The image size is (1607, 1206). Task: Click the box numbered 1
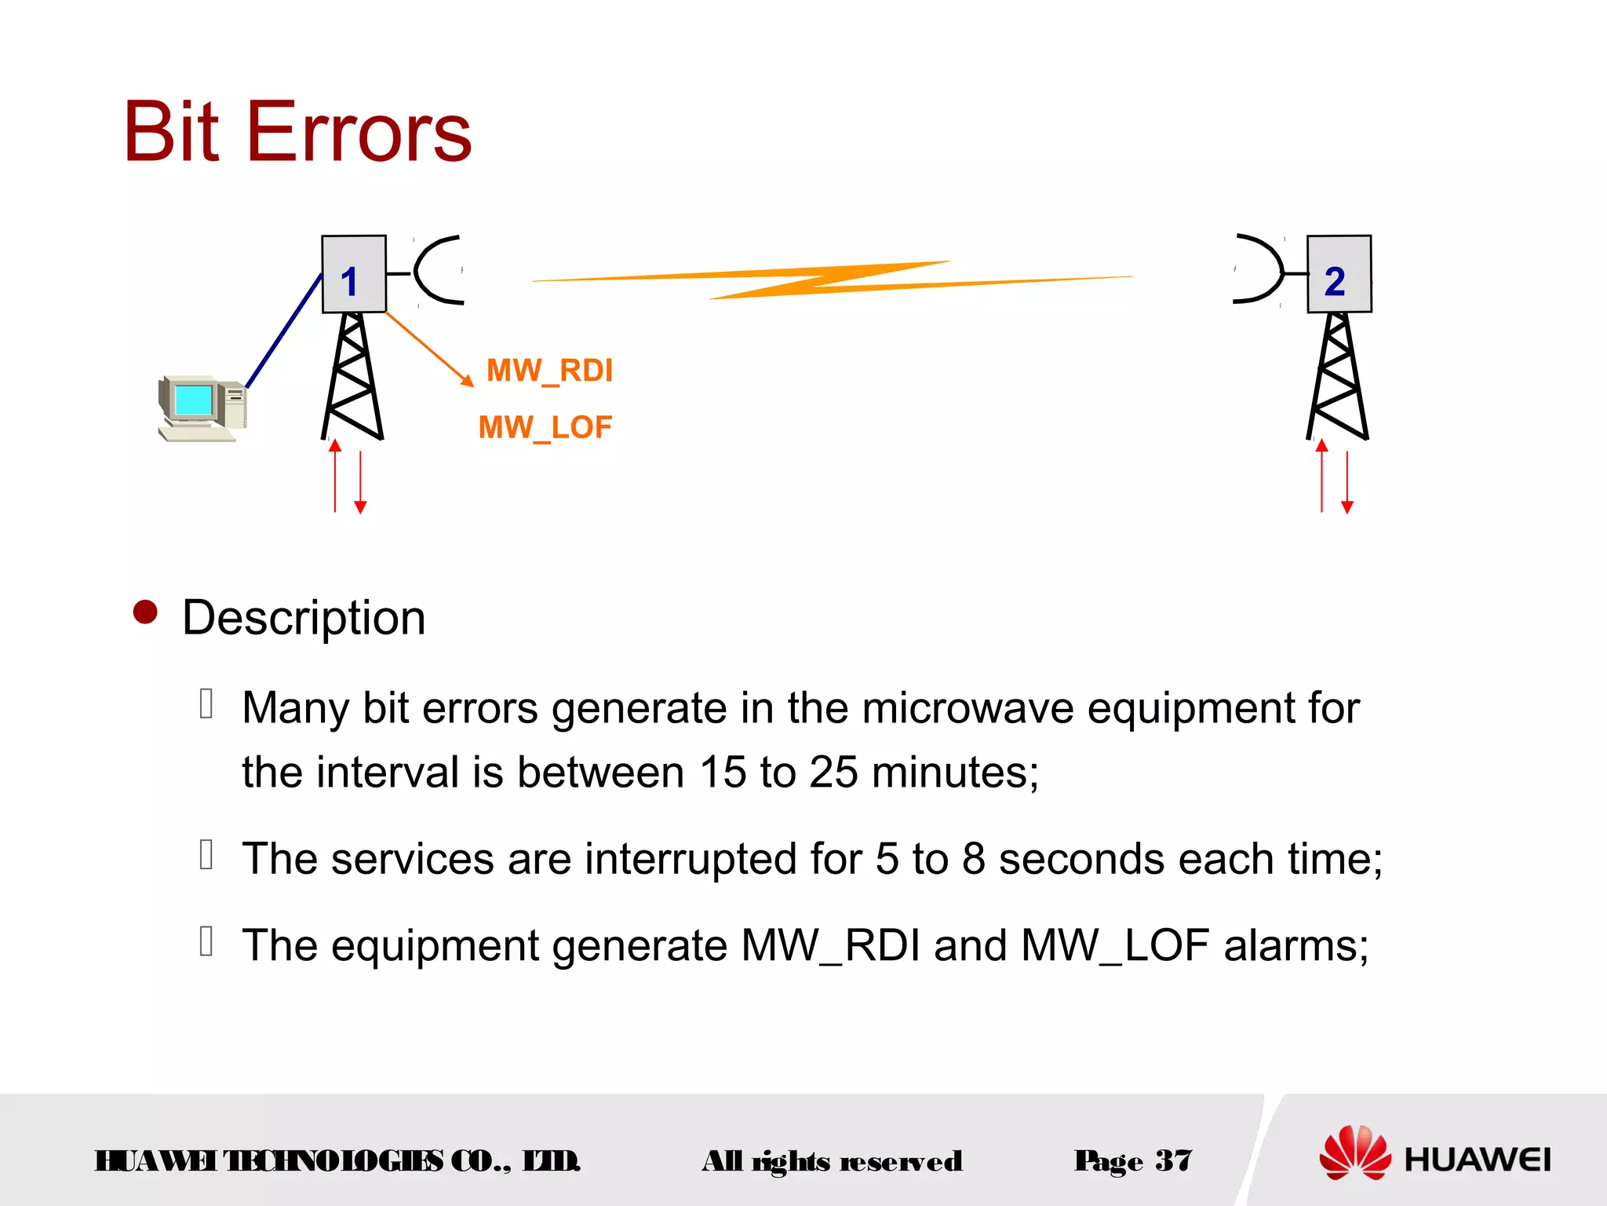pos(353,274)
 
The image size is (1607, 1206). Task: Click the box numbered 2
pos(1339,274)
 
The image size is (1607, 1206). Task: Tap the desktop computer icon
pos(202,408)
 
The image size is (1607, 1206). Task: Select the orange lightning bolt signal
pos(832,280)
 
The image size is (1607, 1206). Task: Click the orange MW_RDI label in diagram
pos(549,371)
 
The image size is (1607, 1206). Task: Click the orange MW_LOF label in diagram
pos(545,428)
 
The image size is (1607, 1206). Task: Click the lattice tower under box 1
pos(352,377)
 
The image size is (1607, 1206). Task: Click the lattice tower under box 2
pos(1338,377)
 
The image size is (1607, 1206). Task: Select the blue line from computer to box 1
pos(284,330)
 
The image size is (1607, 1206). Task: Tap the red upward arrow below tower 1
pos(335,475)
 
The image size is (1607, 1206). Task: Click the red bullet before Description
pos(146,612)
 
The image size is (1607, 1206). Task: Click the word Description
pos(304,618)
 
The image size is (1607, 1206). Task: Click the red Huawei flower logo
pos(1354,1153)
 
